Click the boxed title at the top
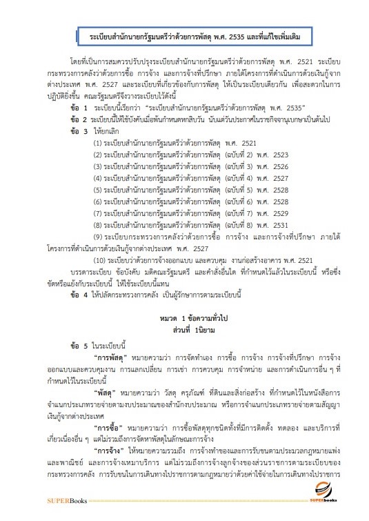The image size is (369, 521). click(x=184, y=33)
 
